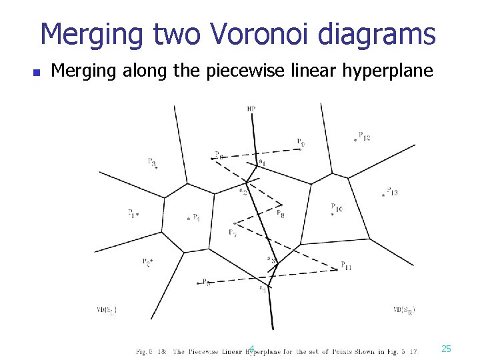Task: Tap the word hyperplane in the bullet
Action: pos(391,71)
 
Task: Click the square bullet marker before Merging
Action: pos(38,71)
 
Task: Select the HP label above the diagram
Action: pos(251,109)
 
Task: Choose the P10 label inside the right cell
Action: pos(337,209)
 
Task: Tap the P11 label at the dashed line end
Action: pos(346,266)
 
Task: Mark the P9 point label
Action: pos(301,141)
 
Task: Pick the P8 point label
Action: pos(281,214)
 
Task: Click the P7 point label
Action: pos(232,233)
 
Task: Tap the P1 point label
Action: pos(133,213)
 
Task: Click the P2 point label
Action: pos(147,262)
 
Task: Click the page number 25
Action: pos(446,349)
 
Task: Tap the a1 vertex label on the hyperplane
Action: pos(261,162)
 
